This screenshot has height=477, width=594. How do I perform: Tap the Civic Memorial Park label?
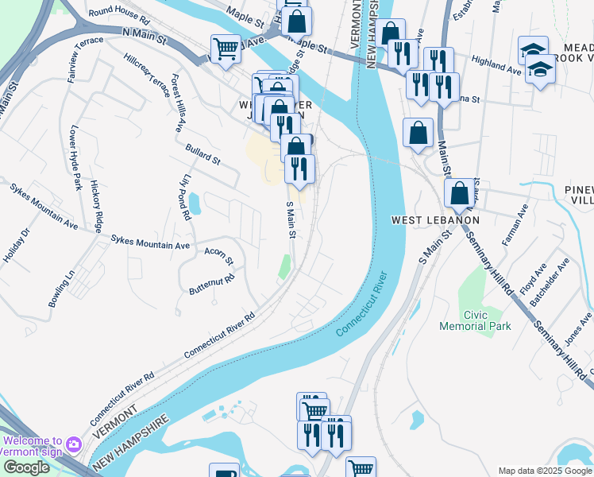click(x=476, y=320)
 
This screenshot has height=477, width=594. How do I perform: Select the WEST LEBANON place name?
click(x=435, y=219)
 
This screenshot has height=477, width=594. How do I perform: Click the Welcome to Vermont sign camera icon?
click(x=73, y=442)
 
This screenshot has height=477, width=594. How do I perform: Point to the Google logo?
click(x=25, y=468)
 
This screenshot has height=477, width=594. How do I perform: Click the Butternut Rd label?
click(x=212, y=285)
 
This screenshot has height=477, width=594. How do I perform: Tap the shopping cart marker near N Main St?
click(x=226, y=49)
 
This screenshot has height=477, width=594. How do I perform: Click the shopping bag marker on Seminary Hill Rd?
click(x=459, y=192)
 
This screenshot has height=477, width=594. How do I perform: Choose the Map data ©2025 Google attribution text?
click(x=544, y=471)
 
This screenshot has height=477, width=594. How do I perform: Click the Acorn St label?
click(x=218, y=256)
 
